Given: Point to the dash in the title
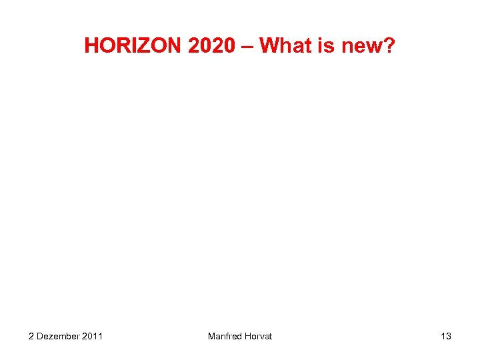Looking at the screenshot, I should tap(247, 46).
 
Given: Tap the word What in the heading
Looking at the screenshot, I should tap(285, 45).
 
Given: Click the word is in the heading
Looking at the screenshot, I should tap(327, 45).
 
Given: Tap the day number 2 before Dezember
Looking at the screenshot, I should tap(31, 336).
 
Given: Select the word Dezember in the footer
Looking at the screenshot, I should tap(58, 336).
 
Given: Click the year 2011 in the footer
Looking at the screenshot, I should tap(92, 336).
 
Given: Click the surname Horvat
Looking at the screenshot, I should tap(259, 336).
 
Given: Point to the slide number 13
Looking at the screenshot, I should tap(445, 336).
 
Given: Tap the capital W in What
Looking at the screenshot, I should tap(268, 45).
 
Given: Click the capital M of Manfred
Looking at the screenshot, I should tap(211, 336).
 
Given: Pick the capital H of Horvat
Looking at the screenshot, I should tap(249, 336).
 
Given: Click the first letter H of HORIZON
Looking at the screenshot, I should tap(91, 45).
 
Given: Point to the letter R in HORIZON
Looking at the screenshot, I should tap(119, 45).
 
